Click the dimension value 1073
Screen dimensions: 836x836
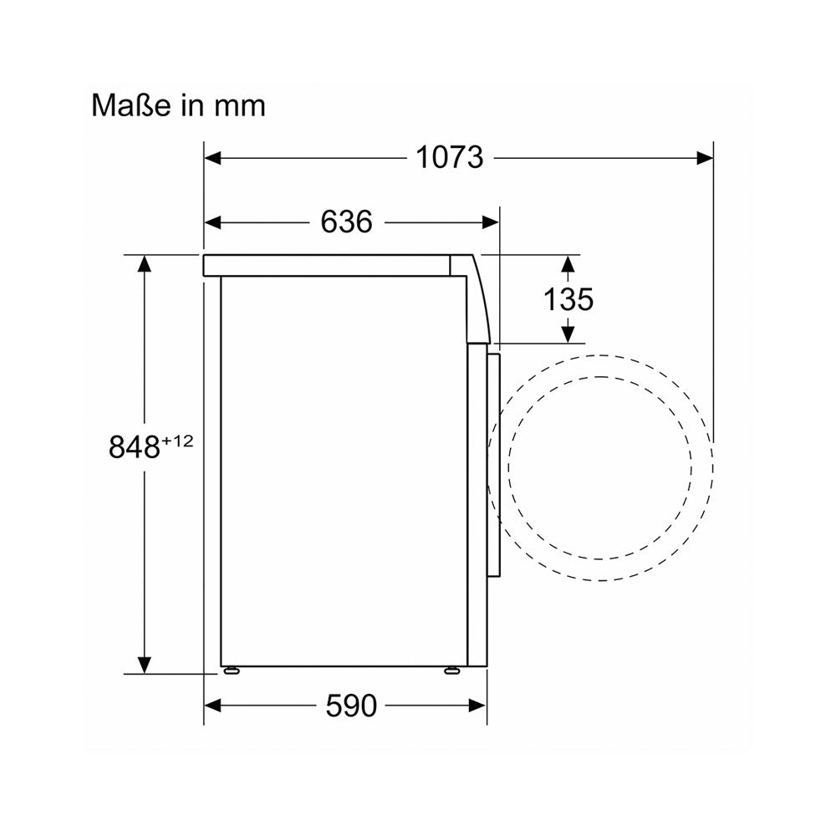pyautogui.click(x=450, y=158)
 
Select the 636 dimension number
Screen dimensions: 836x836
pyautogui.click(x=347, y=222)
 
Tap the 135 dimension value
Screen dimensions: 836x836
pyautogui.click(x=568, y=299)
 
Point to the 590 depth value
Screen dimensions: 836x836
pyautogui.click(x=351, y=706)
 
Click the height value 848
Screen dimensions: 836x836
pyautogui.click(x=135, y=446)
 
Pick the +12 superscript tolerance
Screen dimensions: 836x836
pyautogui.click(x=177, y=441)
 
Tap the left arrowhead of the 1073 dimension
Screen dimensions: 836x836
pyautogui.click(x=212, y=158)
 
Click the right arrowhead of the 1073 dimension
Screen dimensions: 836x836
pyautogui.click(x=705, y=158)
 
